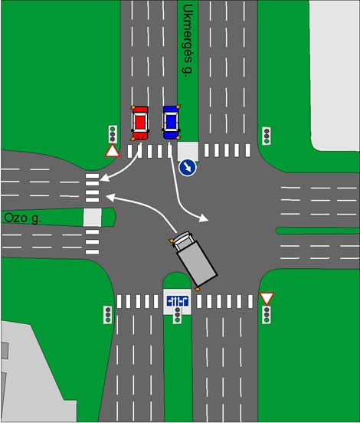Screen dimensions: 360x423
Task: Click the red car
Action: [x=140, y=123]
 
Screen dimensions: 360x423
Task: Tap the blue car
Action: [x=172, y=122]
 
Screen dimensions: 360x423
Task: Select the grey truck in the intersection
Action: [x=195, y=258]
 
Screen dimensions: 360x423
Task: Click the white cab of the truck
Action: [x=182, y=240]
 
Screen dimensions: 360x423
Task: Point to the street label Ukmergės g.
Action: [x=188, y=41]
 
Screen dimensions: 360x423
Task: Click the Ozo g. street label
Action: [x=23, y=218]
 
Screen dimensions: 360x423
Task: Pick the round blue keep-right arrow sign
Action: [x=188, y=168]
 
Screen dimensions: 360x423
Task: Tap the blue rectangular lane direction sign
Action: [x=178, y=301]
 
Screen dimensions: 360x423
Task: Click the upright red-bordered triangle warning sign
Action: [x=113, y=151]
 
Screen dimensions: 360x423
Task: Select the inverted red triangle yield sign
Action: [x=267, y=298]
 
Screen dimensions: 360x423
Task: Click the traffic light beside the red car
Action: [x=113, y=134]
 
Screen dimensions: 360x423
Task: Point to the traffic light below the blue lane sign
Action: [x=177, y=315]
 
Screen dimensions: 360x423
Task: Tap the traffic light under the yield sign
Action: [x=267, y=315]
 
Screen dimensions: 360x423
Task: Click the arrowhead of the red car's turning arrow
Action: [x=104, y=178]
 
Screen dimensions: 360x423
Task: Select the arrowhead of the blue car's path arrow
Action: [x=203, y=218]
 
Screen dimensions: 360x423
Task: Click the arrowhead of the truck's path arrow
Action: [x=110, y=197]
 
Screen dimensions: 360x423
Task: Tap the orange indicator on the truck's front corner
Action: [x=171, y=241]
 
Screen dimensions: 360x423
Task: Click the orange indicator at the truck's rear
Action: [x=198, y=290]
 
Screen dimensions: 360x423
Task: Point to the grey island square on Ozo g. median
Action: [x=92, y=218]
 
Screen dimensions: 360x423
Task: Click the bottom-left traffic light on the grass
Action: [x=108, y=315]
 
